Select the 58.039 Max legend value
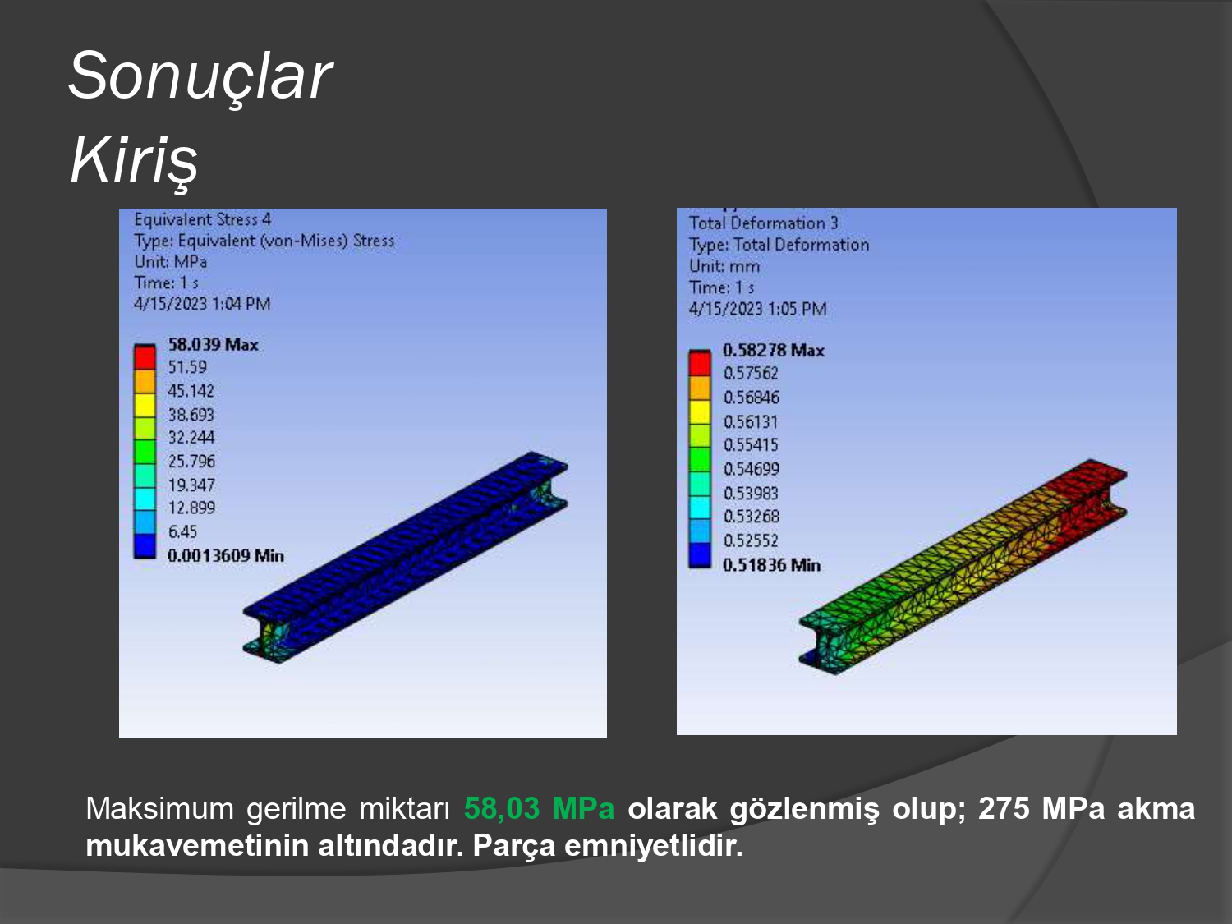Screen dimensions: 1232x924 pos(214,344)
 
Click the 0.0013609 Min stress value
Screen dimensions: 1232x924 pos(226,555)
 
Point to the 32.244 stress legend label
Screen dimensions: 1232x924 pos(191,437)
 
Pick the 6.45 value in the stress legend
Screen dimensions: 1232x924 pos(182,531)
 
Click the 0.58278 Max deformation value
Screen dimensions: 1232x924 pos(774,350)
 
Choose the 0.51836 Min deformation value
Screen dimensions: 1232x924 pos(771,564)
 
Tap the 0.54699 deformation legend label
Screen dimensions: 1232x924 pos(751,468)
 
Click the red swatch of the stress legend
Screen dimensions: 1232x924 pos(145,357)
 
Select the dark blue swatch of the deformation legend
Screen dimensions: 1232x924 pos(700,555)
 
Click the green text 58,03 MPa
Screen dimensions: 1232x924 pos(540,808)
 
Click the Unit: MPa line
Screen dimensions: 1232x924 pos(170,261)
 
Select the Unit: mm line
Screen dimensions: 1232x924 pos(724,266)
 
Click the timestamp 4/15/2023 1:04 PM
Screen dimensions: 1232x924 pos(202,304)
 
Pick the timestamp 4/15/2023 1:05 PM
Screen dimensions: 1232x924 pos(758,309)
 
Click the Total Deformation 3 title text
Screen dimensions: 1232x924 pos(763,223)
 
